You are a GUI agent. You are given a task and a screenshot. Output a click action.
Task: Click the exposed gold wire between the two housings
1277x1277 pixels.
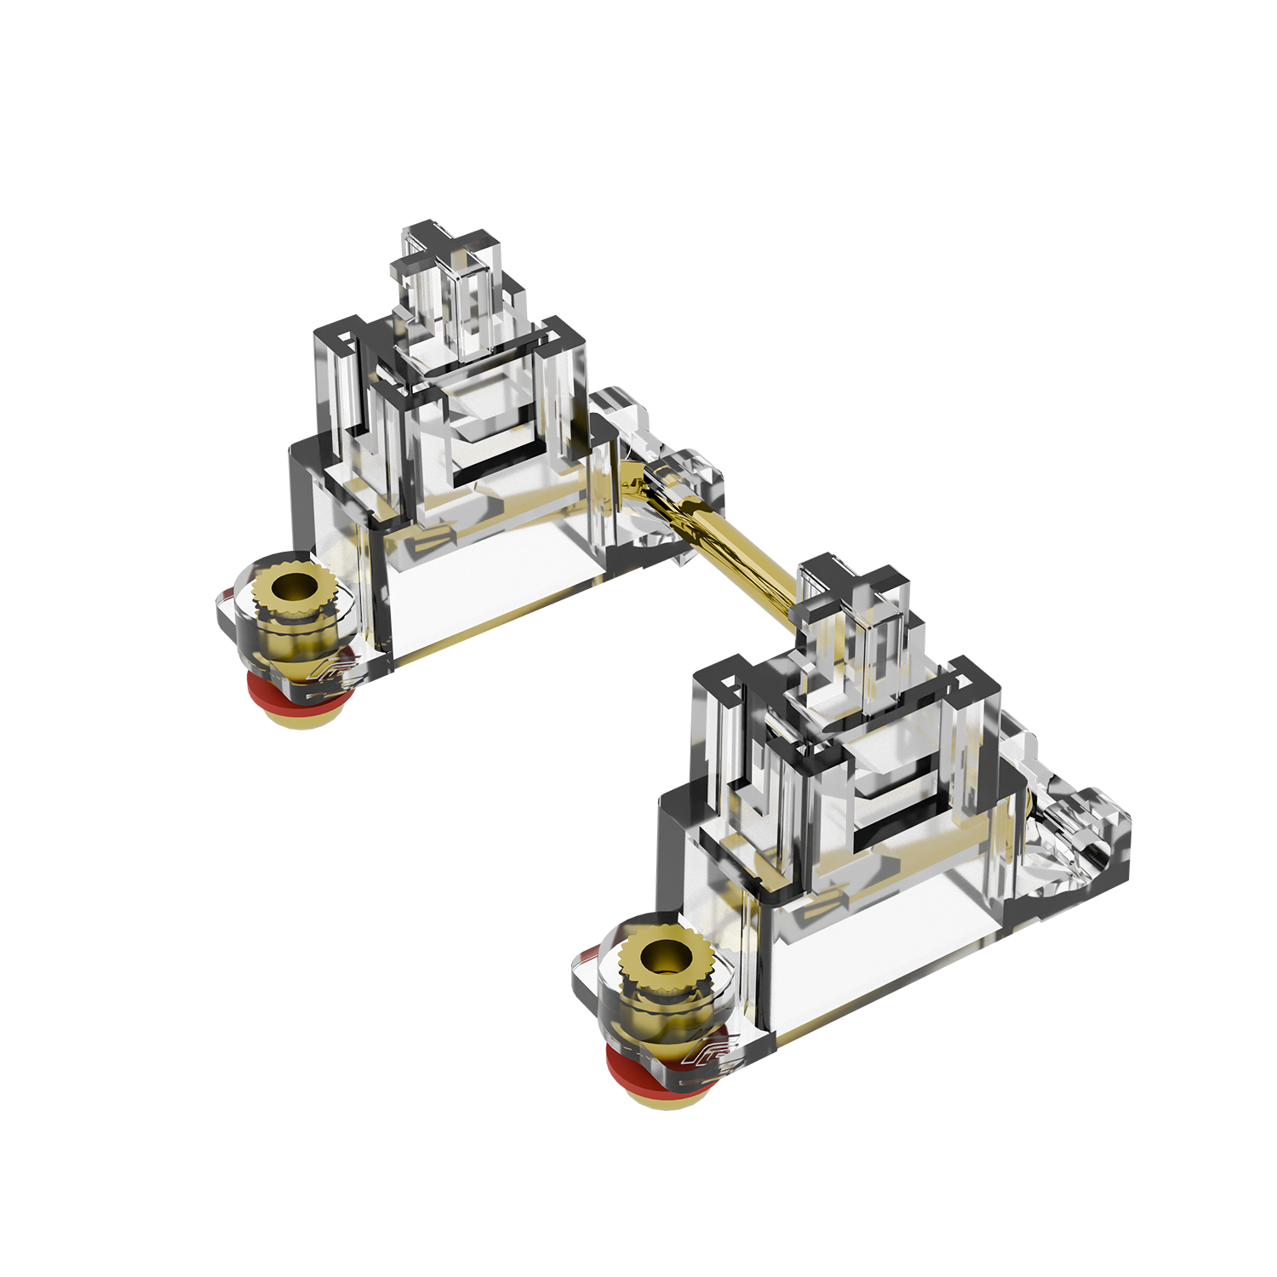coord(732,545)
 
